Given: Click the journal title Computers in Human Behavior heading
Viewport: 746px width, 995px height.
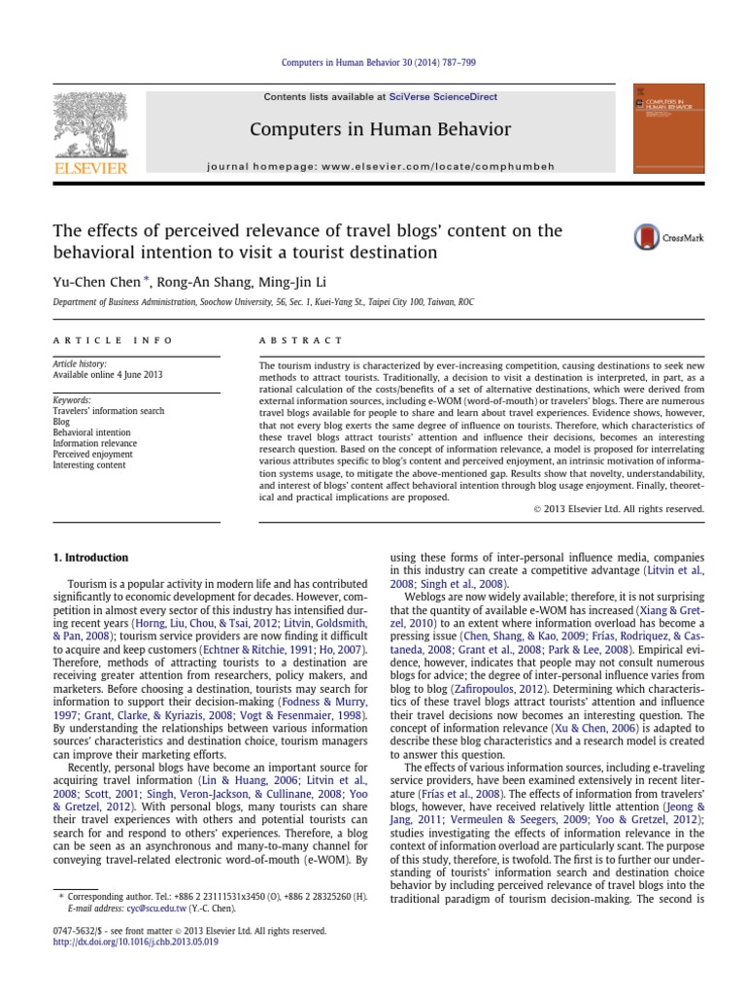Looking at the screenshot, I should click(x=380, y=128).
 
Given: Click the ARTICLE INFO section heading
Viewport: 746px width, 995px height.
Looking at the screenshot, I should click(x=113, y=340).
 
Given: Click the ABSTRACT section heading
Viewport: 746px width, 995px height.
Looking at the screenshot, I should click(x=300, y=340).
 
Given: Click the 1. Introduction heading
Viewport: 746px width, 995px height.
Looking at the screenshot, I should click(x=88, y=558).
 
